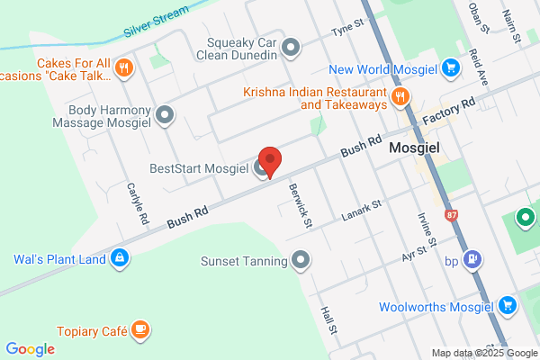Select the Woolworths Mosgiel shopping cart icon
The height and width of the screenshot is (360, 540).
click(506, 306)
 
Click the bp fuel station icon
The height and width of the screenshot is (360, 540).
click(473, 261)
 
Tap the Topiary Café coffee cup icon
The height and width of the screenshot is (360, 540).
click(139, 330)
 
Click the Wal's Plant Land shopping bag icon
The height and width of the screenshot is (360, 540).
click(119, 259)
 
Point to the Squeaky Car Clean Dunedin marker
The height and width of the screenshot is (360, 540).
click(290, 46)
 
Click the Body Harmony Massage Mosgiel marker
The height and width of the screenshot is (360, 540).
click(164, 114)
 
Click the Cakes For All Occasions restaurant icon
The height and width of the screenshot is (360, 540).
click(125, 67)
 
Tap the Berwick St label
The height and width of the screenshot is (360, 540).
click(300, 204)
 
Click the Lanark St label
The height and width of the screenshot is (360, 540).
click(363, 211)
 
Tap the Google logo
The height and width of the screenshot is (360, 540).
click(30, 349)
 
